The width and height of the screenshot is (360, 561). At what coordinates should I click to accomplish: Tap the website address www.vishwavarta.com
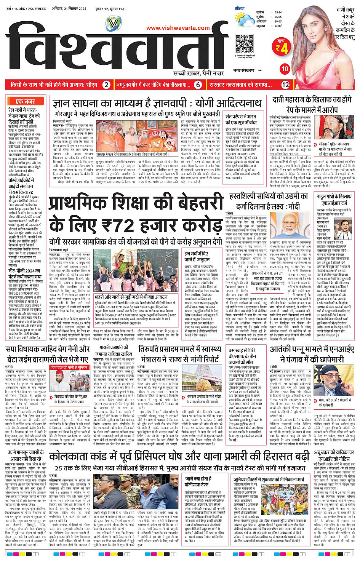178,28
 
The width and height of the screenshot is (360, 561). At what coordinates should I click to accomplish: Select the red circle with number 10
285,69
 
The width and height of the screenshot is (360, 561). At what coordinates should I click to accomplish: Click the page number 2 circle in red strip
107,85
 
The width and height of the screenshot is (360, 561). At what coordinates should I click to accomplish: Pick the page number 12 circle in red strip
285,85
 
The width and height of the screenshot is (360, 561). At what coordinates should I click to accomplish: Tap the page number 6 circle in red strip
198,85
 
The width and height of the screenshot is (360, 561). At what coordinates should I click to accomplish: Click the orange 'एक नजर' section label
25,101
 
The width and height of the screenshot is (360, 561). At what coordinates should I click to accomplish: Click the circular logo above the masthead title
113,25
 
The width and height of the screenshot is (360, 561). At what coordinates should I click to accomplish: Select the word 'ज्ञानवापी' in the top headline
164,103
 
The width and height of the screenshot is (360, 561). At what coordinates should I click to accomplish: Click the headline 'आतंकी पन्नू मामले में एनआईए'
312,349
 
